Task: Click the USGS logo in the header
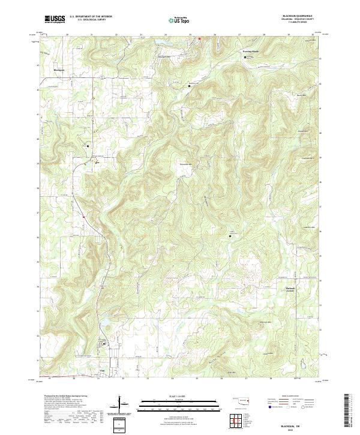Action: coord(55,19)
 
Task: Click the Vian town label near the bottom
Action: coord(102,370)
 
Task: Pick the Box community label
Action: coord(97,161)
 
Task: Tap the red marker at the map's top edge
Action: coord(199,40)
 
